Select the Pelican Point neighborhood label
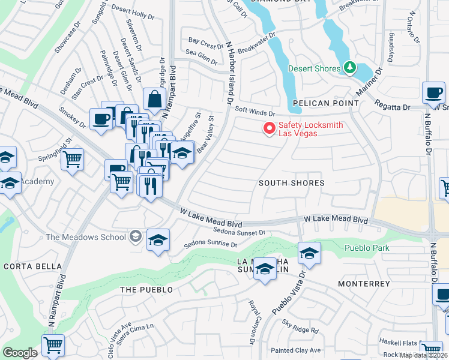tap(326, 103)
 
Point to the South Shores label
tap(292, 182)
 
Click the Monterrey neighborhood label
tap(364, 283)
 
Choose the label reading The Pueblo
tap(146, 290)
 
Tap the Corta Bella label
tap(32, 266)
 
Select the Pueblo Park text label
tap(367, 248)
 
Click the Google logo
tap(20, 353)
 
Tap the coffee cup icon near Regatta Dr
tap(433, 94)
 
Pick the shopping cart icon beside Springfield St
tap(72, 160)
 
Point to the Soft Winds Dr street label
tap(255, 111)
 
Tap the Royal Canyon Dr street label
tap(253, 322)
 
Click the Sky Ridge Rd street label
tap(300, 326)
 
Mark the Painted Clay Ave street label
tap(295, 350)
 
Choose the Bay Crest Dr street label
tap(206, 44)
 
